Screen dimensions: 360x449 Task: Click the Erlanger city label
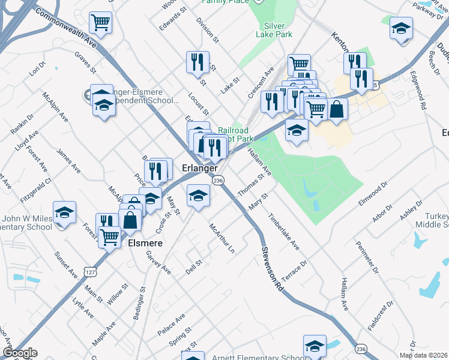tap(199, 169)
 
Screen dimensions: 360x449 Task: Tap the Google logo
tap(20, 353)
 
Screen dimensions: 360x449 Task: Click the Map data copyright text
tap(424, 355)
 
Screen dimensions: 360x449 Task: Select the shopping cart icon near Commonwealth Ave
tap(100, 23)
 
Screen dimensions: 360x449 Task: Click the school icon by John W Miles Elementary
tap(64, 212)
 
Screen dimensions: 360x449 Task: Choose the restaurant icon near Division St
tap(197, 61)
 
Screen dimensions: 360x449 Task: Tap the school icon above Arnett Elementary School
tap(315, 346)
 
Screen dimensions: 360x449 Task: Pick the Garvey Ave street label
tap(158, 262)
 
